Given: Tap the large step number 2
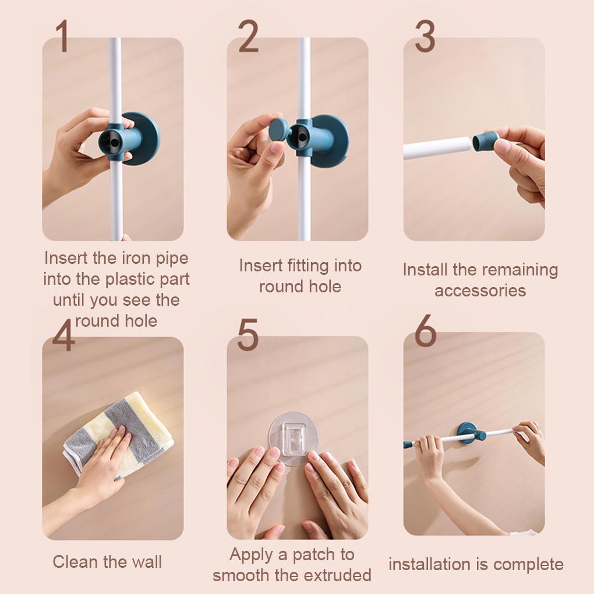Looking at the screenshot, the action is coord(248,36).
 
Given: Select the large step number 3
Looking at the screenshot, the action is coord(425,36).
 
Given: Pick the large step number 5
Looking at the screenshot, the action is coord(248,334).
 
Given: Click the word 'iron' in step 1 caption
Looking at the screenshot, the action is coord(133,259).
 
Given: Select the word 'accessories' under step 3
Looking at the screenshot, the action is coord(480,291).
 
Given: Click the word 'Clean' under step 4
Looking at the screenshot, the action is coord(77,561).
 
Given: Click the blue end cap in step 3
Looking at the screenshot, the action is coord(486,142).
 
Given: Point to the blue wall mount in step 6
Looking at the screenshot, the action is coord(471,433).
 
